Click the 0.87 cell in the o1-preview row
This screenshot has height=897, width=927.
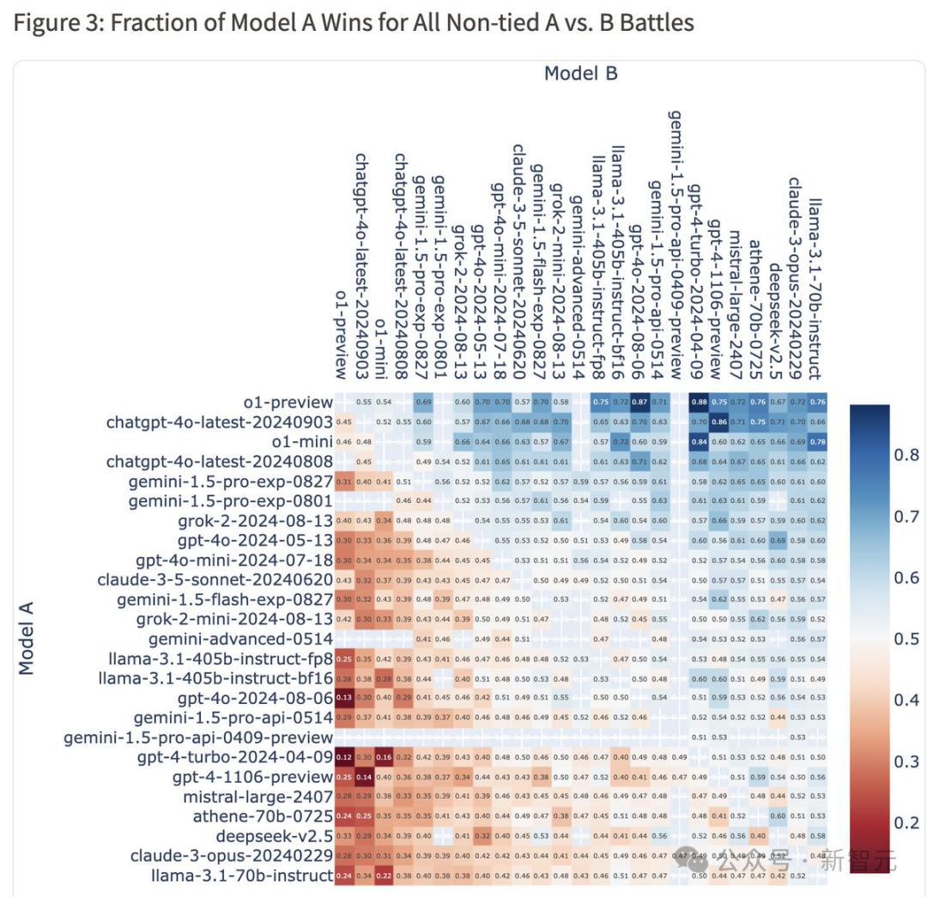pyautogui.click(x=639, y=403)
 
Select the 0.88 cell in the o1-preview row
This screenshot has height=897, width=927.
pyautogui.click(x=699, y=403)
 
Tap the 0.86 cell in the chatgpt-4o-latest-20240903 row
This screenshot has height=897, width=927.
pyautogui.click(x=718, y=422)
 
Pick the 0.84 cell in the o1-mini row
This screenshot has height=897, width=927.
pyautogui.click(x=699, y=442)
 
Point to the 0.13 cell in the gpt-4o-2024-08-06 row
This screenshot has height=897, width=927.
pyautogui.click(x=344, y=697)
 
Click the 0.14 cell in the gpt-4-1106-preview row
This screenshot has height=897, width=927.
pyautogui.click(x=364, y=777)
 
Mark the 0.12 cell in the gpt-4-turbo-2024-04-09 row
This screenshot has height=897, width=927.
pyautogui.click(x=344, y=757)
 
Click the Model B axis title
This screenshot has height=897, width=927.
pyautogui.click(x=581, y=74)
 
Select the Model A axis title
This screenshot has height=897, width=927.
pyautogui.click(x=27, y=639)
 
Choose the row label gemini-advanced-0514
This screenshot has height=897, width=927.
pyautogui.click(x=240, y=639)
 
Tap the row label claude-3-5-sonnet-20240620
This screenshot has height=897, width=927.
pyautogui.click(x=218, y=579)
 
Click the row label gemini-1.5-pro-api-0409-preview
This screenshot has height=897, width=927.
pyautogui.click(x=198, y=737)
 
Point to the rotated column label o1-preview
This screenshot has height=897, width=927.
pyautogui.click(x=342, y=334)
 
